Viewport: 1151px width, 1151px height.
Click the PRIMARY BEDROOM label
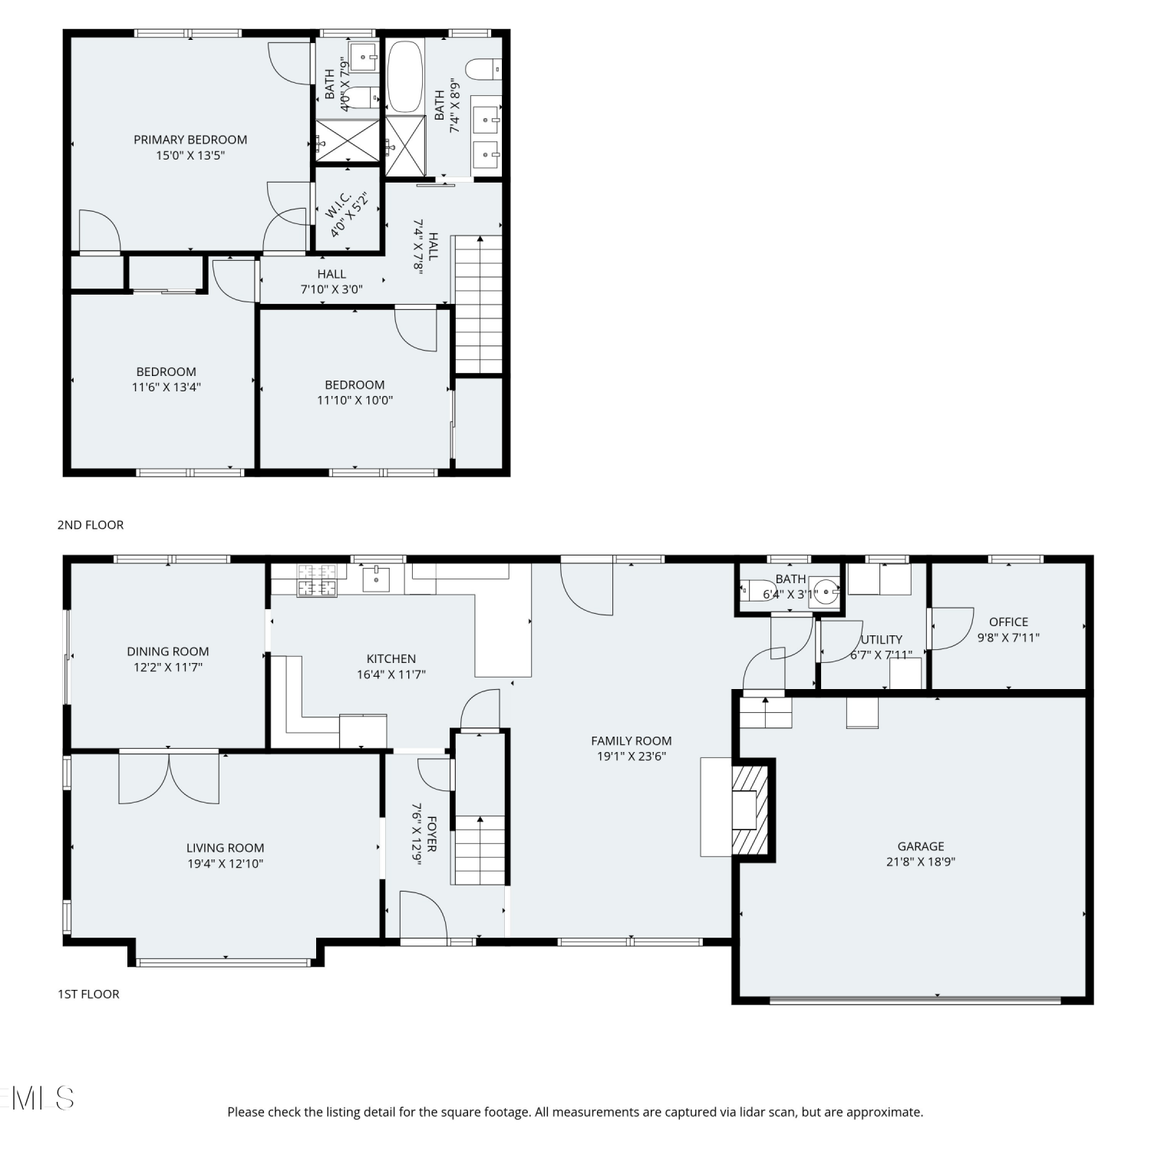pos(190,140)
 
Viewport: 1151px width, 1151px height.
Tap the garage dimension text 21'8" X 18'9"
pos(921,862)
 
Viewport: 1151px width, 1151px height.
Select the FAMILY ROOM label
pos(632,740)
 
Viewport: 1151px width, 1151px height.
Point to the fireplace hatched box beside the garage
pos(750,808)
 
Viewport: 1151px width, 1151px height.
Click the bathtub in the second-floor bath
pos(405,77)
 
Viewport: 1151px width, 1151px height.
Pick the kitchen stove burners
pos(317,580)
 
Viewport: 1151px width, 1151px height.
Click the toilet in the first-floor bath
pos(750,590)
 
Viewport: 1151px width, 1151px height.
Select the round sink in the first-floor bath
pos(826,592)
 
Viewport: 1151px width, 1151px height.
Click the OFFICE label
pos(1008,622)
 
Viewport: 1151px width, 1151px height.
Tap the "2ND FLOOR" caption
pos(91,525)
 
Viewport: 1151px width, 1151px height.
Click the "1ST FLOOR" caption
pos(89,994)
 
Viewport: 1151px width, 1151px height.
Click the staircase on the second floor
pos(480,305)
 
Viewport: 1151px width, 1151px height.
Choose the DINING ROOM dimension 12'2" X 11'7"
pos(168,668)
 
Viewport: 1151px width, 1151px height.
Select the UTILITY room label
pos(882,639)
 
